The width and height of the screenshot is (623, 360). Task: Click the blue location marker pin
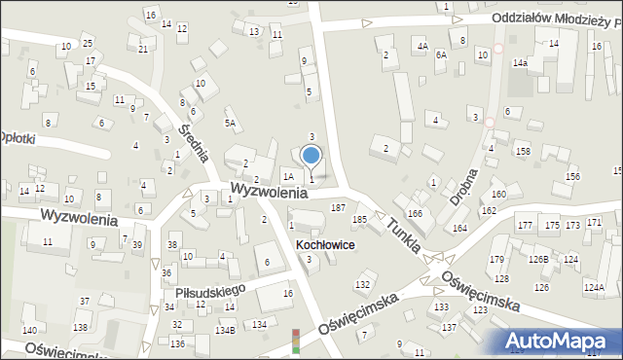[x=311, y=154]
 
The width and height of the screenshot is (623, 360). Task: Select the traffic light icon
[x=296, y=340]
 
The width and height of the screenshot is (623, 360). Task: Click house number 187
[x=339, y=207]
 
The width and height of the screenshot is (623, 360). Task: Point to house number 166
[x=415, y=213]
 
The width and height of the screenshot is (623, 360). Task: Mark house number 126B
[x=538, y=259]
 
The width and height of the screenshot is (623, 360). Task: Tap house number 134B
[x=225, y=331]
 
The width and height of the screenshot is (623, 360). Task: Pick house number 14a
[x=521, y=63]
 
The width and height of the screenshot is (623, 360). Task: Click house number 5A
[x=231, y=123]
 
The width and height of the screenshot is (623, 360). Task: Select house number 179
[x=496, y=259]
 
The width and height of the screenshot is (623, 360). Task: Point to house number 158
[x=523, y=151]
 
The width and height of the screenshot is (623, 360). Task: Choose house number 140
[x=29, y=332]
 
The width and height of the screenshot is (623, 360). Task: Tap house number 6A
[x=440, y=55]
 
